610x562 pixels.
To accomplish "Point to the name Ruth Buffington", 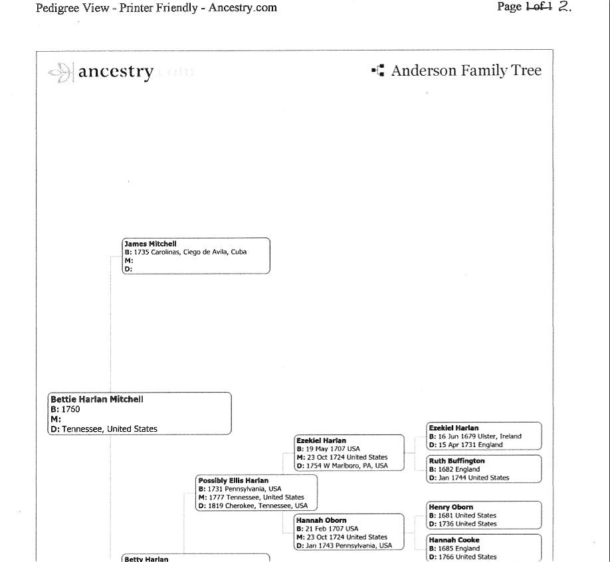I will pos(457,461).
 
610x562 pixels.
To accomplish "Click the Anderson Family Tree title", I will pos(466,71).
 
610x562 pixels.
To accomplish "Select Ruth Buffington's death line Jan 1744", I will pos(469,478).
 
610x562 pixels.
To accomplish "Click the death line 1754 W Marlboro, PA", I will pos(342,465).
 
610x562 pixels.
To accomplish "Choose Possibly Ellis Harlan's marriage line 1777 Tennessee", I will pos(251,497).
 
